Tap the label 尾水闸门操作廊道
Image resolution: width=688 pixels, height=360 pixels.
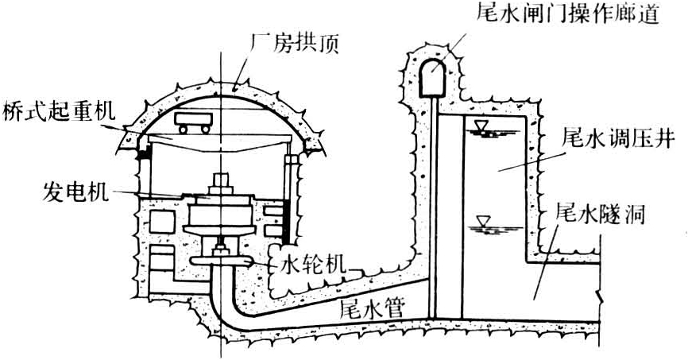566,14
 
